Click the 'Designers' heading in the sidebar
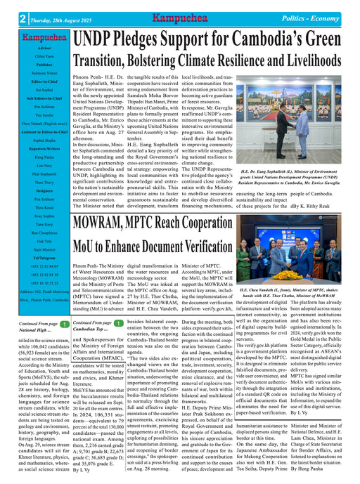tap(34, 190)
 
